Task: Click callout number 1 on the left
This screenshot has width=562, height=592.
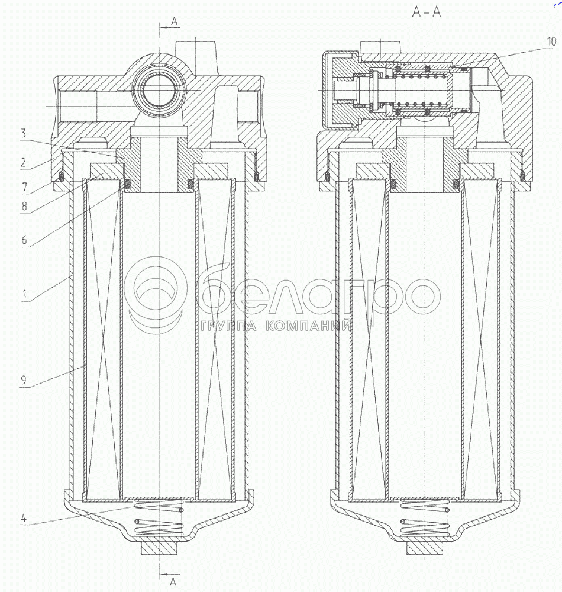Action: (x=24, y=294)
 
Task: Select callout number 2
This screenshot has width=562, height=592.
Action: (x=24, y=162)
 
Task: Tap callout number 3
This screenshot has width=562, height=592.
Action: (x=24, y=133)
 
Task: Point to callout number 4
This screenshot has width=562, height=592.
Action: (x=24, y=518)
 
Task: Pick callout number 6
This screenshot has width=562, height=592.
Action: (x=24, y=240)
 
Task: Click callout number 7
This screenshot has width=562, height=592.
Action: (x=24, y=186)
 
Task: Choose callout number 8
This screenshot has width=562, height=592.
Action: (x=24, y=206)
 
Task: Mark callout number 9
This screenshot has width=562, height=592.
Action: (x=24, y=380)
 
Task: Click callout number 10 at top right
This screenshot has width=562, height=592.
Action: (x=551, y=41)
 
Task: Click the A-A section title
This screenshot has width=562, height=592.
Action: (x=426, y=12)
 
